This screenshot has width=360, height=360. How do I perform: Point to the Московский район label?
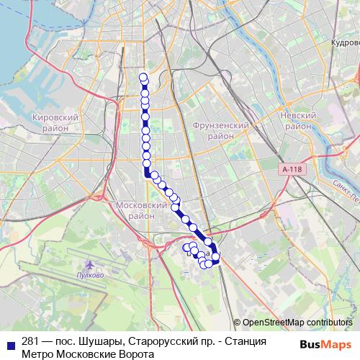click(x=141, y=210)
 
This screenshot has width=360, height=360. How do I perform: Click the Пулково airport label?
click(x=91, y=275)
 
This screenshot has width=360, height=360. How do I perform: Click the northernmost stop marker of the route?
click(x=143, y=78)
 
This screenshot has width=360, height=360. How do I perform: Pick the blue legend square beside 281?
click(x=9, y=343)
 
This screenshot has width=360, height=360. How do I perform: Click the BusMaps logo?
click(x=324, y=343)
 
